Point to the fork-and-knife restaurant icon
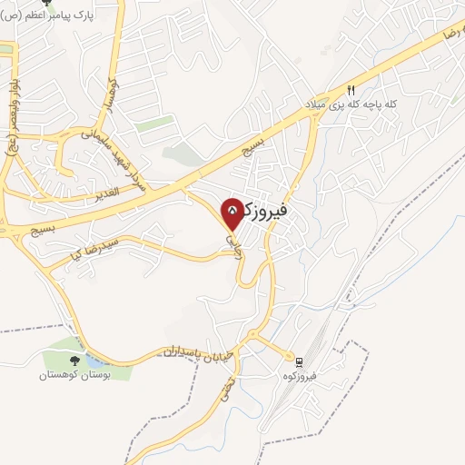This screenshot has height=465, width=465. click(351, 90)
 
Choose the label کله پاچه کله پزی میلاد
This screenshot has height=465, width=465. click(351, 106)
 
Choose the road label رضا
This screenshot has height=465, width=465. click(450, 33)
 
